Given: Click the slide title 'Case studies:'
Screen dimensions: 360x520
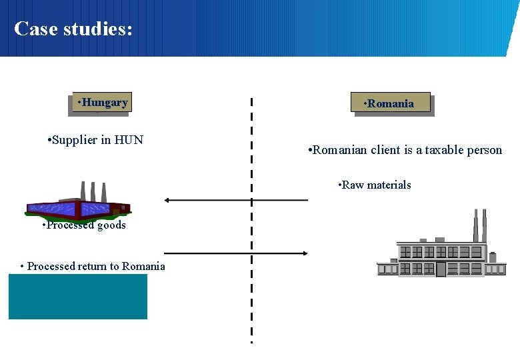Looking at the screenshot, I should click(73, 29).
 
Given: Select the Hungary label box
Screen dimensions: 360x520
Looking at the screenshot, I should click(102, 103).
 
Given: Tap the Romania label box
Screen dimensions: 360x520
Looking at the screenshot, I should click(392, 103).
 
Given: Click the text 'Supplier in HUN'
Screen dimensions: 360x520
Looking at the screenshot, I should click(96, 140).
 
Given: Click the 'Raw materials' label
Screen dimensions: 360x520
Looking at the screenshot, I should click(375, 185).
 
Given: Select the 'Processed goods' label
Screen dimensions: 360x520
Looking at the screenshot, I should click(84, 225).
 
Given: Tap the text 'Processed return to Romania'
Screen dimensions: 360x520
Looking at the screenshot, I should click(93, 266).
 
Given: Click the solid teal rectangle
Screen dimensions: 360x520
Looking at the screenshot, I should click(78, 297).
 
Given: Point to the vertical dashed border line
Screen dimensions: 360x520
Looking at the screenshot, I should click(251, 220).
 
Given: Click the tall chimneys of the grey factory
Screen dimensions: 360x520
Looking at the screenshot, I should click(479, 225).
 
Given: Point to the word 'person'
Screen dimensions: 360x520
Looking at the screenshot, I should click(484, 150).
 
